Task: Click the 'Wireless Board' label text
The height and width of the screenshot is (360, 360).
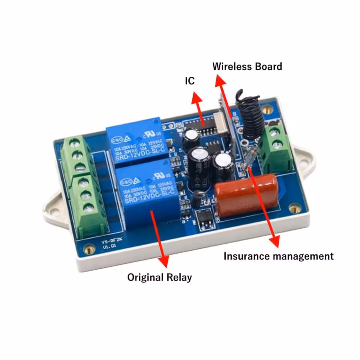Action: coord(247,66)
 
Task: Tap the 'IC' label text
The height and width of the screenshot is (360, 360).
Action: coord(189,81)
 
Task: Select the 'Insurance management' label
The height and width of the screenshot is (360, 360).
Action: coord(278,256)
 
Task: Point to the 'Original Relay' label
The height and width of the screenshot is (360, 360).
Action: coord(159,277)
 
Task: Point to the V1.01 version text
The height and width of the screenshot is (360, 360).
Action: coord(108,247)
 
